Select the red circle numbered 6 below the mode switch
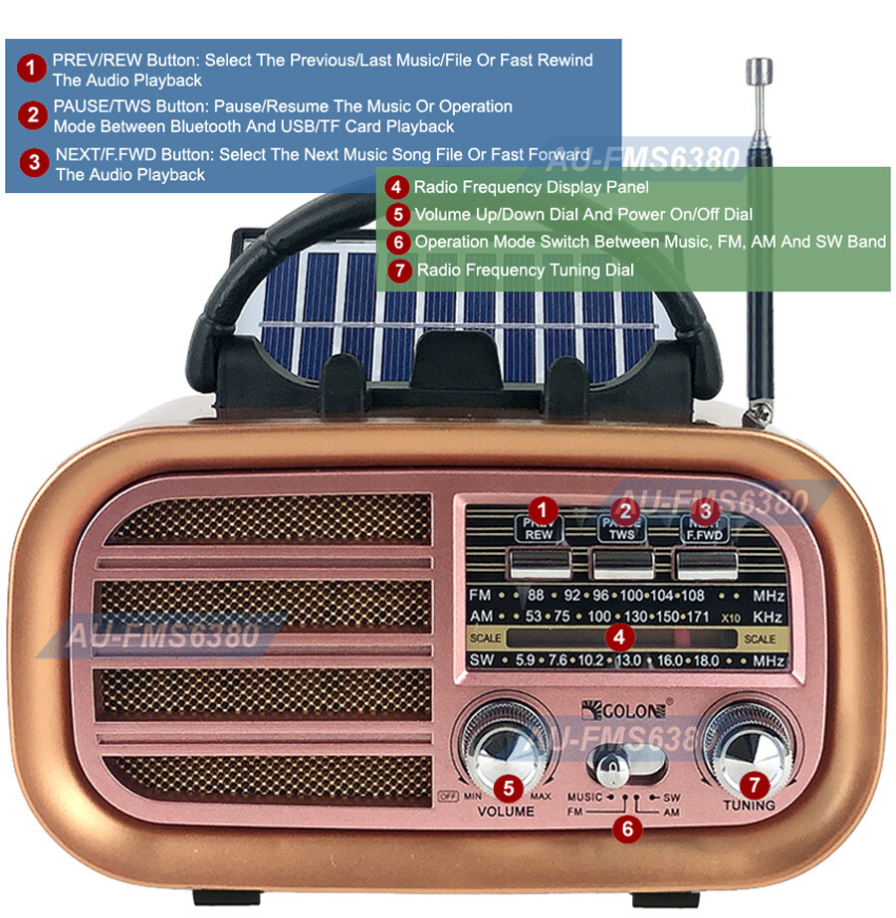point(625,828)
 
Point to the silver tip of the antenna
point(759,72)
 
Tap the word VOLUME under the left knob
point(506,812)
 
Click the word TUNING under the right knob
point(750,805)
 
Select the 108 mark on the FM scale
point(692,596)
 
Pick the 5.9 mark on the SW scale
point(525,660)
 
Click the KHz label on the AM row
point(769,617)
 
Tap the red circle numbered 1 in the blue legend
point(33,69)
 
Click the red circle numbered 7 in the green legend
point(399,270)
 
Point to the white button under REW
point(539,563)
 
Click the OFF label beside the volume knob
point(446,795)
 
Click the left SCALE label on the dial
point(485,639)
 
